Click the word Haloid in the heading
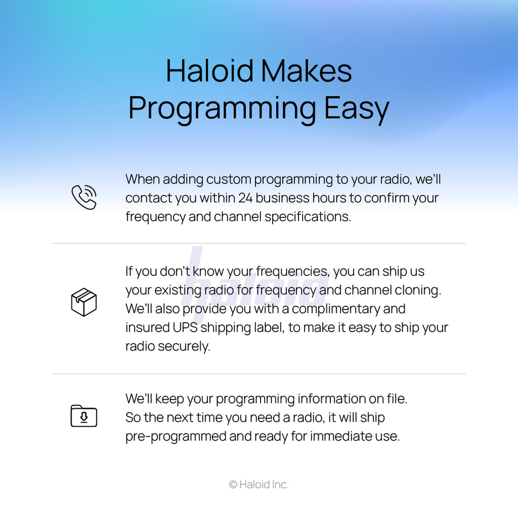click(209, 71)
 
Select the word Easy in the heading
click(356, 109)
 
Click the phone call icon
click(84, 197)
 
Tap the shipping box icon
click(84, 302)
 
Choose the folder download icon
click(84, 416)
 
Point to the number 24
click(245, 198)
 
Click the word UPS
click(185, 328)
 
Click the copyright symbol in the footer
click(233, 485)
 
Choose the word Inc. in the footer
click(280, 485)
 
